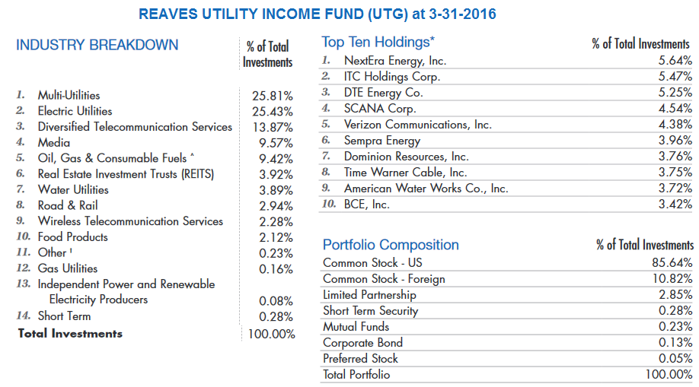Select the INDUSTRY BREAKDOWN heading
point(97,45)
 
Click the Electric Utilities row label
point(75,111)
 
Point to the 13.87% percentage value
point(272,128)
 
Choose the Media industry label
point(54,143)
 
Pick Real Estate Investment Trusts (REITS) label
point(126,174)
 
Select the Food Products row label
point(73,237)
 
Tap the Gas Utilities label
point(68,268)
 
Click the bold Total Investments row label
point(70,334)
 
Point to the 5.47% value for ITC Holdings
point(675,77)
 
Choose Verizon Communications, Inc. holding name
point(417,125)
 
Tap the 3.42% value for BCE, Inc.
point(675,205)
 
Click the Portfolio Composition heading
point(391,245)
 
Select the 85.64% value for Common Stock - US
point(672,263)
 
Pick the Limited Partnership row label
point(369,295)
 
